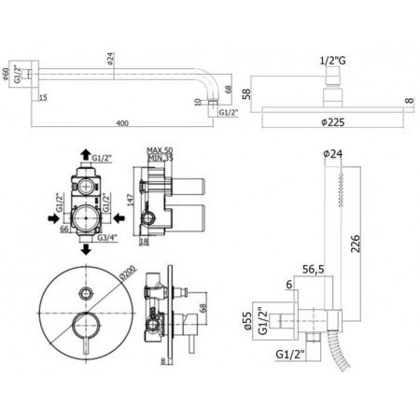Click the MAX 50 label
(162, 150)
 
